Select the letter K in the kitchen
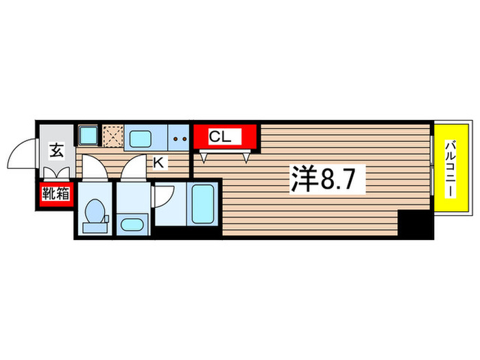[158, 163]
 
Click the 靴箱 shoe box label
[56, 194]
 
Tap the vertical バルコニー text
[452, 167]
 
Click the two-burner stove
[180, 138]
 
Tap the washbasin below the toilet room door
[131, 224]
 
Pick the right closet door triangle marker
[245, 158]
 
